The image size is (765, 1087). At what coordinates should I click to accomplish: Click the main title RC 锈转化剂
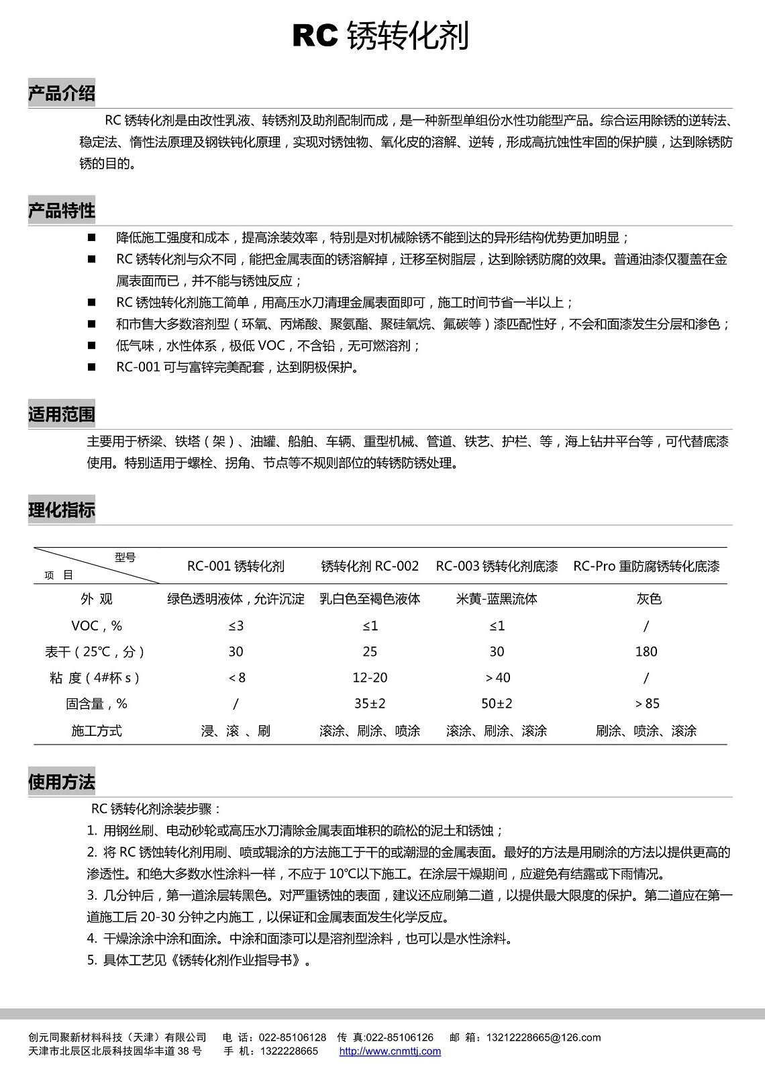(x=380, y=36)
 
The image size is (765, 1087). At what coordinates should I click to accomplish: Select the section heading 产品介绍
(x=62, y=93)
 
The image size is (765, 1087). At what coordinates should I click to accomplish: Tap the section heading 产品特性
(x=62, y=211)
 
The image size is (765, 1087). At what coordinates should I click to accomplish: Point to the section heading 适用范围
(x=62, y=414)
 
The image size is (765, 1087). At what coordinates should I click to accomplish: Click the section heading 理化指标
(x=62, y=510)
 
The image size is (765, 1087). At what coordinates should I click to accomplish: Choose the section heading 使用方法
(x=62, y=782)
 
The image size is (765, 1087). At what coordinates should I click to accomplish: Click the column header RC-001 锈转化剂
(x=236, y=566)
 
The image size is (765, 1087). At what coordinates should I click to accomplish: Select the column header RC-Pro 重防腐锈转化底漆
(x=646, y=566)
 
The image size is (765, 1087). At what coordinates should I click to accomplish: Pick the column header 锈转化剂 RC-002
(x=370, y=566)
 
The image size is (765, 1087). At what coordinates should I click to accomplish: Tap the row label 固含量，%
(x=97, y=704)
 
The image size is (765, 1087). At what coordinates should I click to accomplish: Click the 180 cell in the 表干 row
(x=646, y=651)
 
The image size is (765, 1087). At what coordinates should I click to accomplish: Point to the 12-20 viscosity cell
(x=370, y=677)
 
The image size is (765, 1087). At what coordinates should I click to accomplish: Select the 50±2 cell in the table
(x=497, y=704)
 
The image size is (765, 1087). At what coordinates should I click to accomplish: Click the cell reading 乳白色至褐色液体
(x=370, y=599)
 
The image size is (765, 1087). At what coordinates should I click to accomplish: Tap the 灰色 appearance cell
(x=649, y=599)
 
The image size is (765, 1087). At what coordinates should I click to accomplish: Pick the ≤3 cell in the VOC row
(x=236, y=626)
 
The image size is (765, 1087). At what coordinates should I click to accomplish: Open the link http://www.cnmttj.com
(x=390, y=1051)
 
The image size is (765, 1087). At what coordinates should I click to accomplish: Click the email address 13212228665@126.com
(x=544, y=1037)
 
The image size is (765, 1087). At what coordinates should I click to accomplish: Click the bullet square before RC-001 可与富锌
(x=91, y=367)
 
